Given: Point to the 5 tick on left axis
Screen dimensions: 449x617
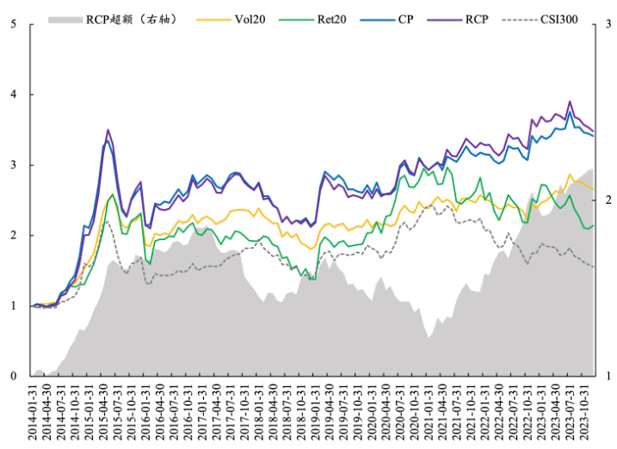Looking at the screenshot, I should coord(13,24).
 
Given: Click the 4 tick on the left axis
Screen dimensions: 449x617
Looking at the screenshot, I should coord(13,95).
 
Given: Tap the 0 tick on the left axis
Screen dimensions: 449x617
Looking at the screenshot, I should coord(13,376).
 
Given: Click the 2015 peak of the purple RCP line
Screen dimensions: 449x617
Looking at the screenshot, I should coord(108,130).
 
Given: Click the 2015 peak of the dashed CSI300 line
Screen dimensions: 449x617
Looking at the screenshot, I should coord(108,222).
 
